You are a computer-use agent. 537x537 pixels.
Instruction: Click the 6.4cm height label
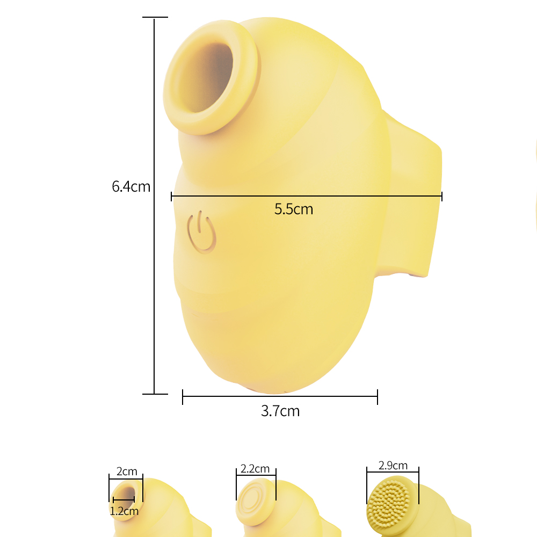click(x=130, y=187)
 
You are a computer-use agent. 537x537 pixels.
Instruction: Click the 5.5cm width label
click(x=293, y=209)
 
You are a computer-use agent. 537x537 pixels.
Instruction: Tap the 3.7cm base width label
click(x=280, y=411)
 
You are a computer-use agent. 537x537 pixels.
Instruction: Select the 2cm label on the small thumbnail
click(x=127, y=471)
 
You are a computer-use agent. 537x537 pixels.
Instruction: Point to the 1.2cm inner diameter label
click(x=124, y=511)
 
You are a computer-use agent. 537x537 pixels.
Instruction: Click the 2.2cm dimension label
click(x=255, y=469)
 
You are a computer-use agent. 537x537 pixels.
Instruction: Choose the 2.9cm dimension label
click(x=393, y=466)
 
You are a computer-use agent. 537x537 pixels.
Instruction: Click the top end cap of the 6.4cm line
click(x=155, y=17)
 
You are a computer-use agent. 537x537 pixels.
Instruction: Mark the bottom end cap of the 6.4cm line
click(x=155, y=394)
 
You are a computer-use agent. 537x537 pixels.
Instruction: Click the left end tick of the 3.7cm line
click(x=183, y=397)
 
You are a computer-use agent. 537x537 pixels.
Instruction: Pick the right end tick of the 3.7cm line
click(x=378, y=397)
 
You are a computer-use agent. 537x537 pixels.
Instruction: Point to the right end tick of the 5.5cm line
click(x=441, y=197)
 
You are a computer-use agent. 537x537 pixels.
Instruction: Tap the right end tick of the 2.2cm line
click(x=275, y=476)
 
